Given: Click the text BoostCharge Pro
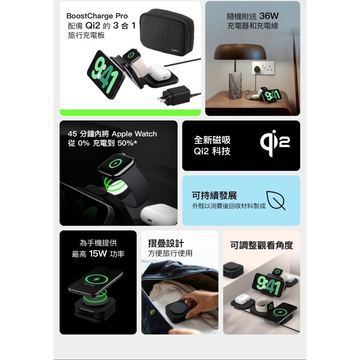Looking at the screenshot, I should pyautogui.click(x=97, y=16).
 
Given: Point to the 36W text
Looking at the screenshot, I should pyautogui.click(x=269, y=16).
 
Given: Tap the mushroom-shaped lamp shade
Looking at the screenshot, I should pyautogui.click(x=240, y=52).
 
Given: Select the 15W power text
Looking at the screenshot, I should pyautogui.click(x=98, y=254).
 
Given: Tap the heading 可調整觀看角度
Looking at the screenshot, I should pyautogui.click(x=262, y=246).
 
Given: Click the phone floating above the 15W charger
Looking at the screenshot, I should pyautogui.click(x=96, y=279).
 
